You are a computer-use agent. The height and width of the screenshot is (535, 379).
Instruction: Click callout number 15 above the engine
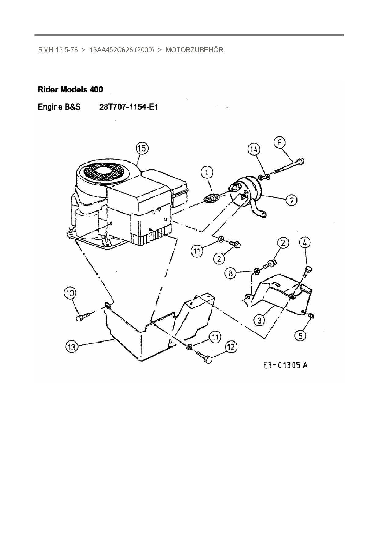(x=142, y=149)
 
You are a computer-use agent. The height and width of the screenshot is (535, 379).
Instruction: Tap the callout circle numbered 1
(x=207, y=172)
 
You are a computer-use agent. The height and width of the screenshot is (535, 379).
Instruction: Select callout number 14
(x=253, y=149)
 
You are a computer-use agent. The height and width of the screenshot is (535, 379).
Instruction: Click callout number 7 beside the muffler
(x=291, y=200)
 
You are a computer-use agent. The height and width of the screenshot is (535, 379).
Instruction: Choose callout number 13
(x=72, y=347)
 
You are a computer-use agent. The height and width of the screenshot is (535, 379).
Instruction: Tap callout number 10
(x=70, y=293)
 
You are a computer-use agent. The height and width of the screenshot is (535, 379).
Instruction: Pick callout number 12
(x=231, y=347)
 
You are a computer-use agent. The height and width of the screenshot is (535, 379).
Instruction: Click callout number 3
(x=259, y=320)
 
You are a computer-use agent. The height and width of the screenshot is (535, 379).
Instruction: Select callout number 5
(x=300, y=336)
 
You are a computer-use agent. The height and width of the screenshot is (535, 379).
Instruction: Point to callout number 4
(x=304, y=243)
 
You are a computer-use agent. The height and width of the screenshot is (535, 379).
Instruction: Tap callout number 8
(x=231, y=273)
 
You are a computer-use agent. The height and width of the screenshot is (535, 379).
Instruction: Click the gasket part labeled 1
(x=210, y=198)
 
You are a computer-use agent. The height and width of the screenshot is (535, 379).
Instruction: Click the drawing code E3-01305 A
(x=285, y=365)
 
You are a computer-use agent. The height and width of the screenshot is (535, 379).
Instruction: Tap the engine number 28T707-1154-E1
(x=129, y=107)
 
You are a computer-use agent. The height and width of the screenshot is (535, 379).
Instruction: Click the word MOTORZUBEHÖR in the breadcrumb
(x=194, y=50)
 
